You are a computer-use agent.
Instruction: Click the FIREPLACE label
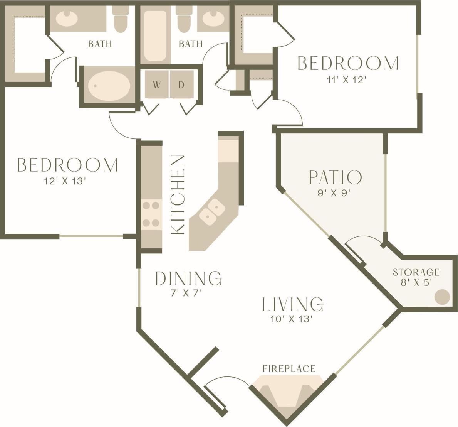tap(289, 369)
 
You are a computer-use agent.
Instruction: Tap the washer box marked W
tap(156, 84)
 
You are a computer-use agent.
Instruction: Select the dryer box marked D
tap(181, 84)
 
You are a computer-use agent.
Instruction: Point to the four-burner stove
tap(151, 214)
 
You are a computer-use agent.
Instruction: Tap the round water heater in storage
tap(442, 297)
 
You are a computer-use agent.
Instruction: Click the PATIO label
tap(335, 177)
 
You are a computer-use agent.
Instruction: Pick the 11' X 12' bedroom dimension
tap(345, 80)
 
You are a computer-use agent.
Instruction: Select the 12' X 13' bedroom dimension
tap(65, 181)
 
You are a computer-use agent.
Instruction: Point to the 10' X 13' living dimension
tap(291, 319)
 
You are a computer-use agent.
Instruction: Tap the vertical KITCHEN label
tap(178, 194)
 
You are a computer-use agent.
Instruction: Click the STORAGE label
tap(416, 272)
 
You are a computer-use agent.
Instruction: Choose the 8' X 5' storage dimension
tap(416, 282)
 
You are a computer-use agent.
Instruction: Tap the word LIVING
tap(293, 304)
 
